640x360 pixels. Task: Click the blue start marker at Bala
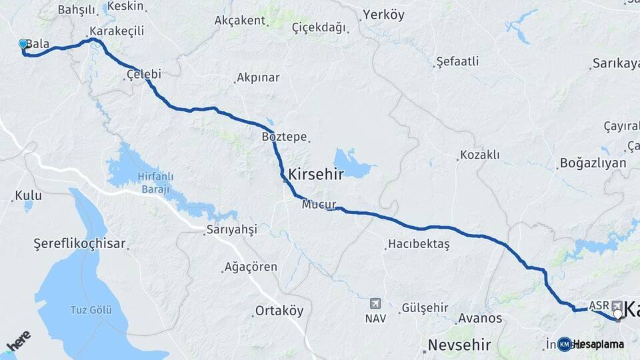coord(23,44)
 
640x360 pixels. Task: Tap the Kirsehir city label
coord(315,175)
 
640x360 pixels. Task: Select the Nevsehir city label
coord(459,345)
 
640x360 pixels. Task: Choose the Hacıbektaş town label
coord(420,244)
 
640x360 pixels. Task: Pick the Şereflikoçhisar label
coord(79,244)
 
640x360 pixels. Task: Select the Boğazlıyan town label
coord(593,163)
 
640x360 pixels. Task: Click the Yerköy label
coord(383,15)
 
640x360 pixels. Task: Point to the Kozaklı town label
coord(480,155)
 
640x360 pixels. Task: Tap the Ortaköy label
coord(279,311)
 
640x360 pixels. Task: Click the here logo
coord(19,341)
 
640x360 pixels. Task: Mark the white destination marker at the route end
coord(619,314)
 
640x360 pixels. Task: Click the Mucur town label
coord(318,205)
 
